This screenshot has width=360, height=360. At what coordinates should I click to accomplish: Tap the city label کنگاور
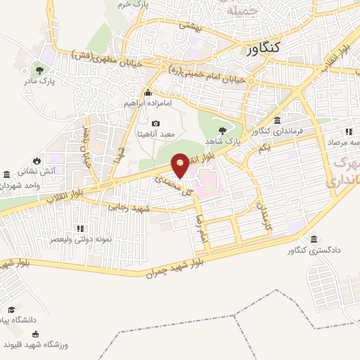click(x=275, y=48)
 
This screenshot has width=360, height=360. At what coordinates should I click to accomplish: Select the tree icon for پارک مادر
click(x=39, y=70)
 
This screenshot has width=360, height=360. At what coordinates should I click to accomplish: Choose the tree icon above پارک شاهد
click(x=223, y=130)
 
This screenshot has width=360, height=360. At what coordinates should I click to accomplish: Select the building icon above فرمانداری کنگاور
click(x=278, y=120)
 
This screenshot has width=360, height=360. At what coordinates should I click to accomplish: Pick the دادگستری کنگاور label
click(x=312, y=250)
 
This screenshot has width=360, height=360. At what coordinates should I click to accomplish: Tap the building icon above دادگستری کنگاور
click(x=313, y=238)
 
